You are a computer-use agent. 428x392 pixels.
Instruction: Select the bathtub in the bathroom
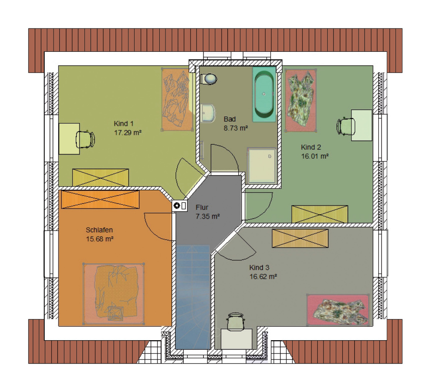point(264,94)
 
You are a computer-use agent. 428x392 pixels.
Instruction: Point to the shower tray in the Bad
point(262,165)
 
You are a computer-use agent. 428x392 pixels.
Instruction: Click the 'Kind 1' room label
point(124,124)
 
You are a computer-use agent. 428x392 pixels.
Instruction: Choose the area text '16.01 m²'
point(315,156)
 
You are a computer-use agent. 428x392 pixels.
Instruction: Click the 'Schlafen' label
point(99,230)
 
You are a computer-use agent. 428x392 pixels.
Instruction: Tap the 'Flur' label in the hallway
point(202,207)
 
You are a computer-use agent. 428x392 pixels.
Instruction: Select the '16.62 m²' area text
point(263,277)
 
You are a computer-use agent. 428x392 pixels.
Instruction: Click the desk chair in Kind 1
point(85,139)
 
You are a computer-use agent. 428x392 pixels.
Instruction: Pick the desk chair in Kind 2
point(346,126)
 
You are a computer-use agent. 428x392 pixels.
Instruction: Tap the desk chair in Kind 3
point(236,321)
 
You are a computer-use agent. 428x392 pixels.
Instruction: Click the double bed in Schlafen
point(114,294)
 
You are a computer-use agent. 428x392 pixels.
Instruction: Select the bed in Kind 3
point(338,310)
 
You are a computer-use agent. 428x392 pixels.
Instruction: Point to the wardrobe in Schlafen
point(100,199)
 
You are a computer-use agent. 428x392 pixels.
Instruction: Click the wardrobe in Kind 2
point(320,214)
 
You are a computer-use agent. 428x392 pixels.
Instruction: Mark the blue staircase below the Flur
point(193,297)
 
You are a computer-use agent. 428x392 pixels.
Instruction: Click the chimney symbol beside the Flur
point(180,206)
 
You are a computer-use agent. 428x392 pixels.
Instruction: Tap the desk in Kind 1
point(69,139)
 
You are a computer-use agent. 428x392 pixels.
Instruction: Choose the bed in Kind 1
point(177,99)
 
